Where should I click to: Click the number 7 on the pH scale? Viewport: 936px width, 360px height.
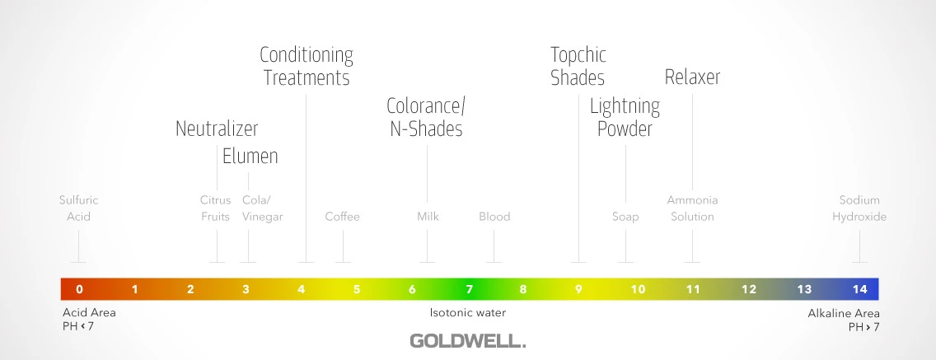tap(469, 289)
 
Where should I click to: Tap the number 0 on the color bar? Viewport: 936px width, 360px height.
tap(79, 289)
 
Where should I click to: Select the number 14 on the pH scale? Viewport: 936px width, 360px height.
tap(859, 289)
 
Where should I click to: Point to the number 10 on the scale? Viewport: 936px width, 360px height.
tap(638, 289)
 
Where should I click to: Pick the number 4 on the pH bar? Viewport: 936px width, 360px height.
tap(301, 289)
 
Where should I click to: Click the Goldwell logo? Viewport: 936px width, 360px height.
tap(467, 341)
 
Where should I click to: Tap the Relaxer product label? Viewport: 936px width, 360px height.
tap(692, 77)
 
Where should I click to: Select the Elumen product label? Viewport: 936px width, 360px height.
tap(250, 157)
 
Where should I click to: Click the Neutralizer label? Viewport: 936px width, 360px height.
tap(217, 129)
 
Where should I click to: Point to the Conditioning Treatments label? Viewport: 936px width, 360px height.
tap(307, 66)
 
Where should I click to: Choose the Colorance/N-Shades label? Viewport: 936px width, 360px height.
tap(426, 117)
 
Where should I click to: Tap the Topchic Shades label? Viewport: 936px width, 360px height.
tap(578, 66)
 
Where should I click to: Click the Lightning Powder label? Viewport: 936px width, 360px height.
tap(625, 118)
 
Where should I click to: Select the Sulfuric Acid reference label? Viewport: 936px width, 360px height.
tap(79, 208)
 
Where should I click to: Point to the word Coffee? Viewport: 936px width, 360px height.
tap(343, 216)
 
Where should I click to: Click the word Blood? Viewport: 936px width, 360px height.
tap(494, 216)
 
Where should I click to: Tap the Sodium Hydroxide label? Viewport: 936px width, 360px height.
tap(859, 208)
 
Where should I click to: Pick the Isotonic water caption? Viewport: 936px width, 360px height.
tap(467, 312)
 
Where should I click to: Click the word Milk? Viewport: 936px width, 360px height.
tap(428, 216)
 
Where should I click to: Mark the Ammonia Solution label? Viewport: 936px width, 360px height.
tap(692, 208)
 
